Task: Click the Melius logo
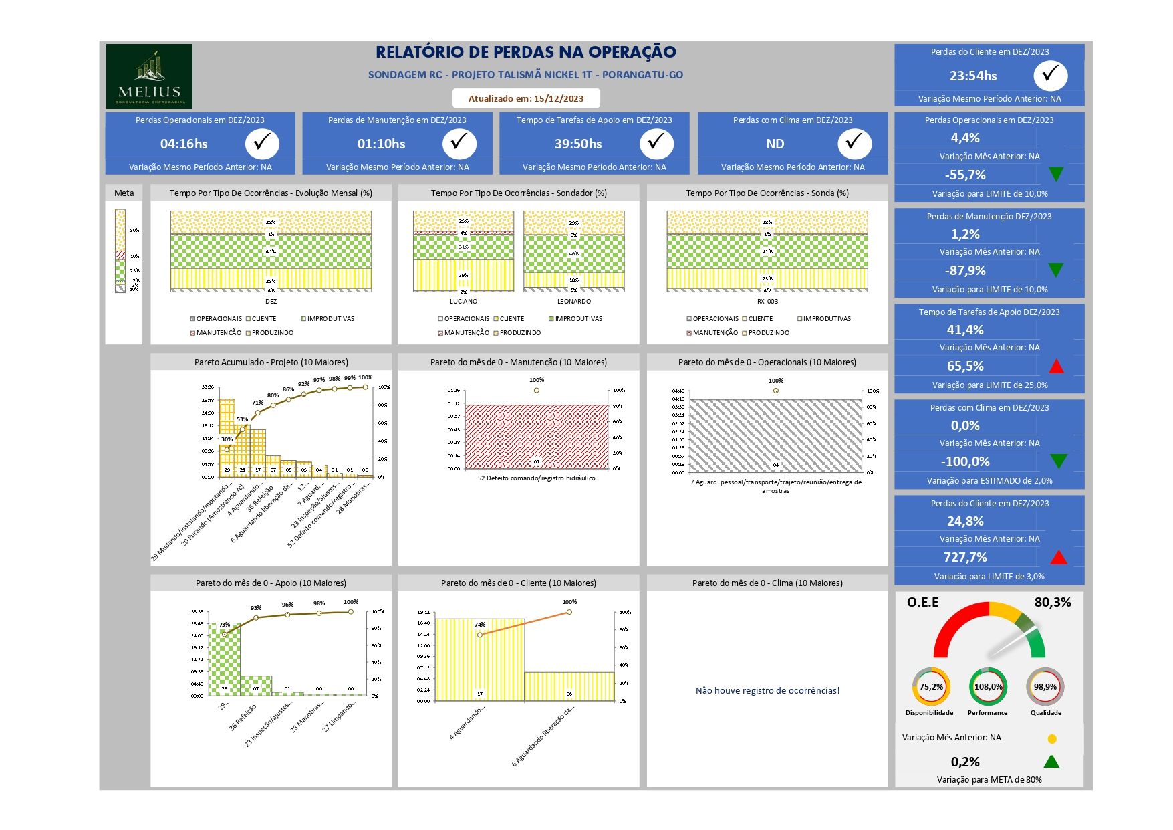click(149, 76)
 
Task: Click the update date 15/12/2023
click(526, 98)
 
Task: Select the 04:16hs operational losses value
click(184, 144)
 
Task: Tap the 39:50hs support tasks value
click(578, 144)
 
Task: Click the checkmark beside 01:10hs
click(459, 143)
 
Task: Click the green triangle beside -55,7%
click(1056, 175)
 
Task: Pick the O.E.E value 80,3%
click(1052, 602)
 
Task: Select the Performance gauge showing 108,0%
click(988, 687)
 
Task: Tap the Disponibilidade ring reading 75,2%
click(931, 687)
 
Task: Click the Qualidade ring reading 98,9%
click(1045, 687)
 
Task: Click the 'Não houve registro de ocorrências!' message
click(767, 690)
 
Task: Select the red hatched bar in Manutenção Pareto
click(536, 436)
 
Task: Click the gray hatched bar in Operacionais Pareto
click(775, 436)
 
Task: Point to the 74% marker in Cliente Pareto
click(480, 635)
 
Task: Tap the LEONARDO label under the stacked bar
click(573, 302)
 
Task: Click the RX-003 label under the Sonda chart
click(767, 302)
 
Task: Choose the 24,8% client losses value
click(965, 521)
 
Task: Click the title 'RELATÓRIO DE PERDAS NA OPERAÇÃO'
click(525, 52)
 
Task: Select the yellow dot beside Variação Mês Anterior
click(1052, 739)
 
